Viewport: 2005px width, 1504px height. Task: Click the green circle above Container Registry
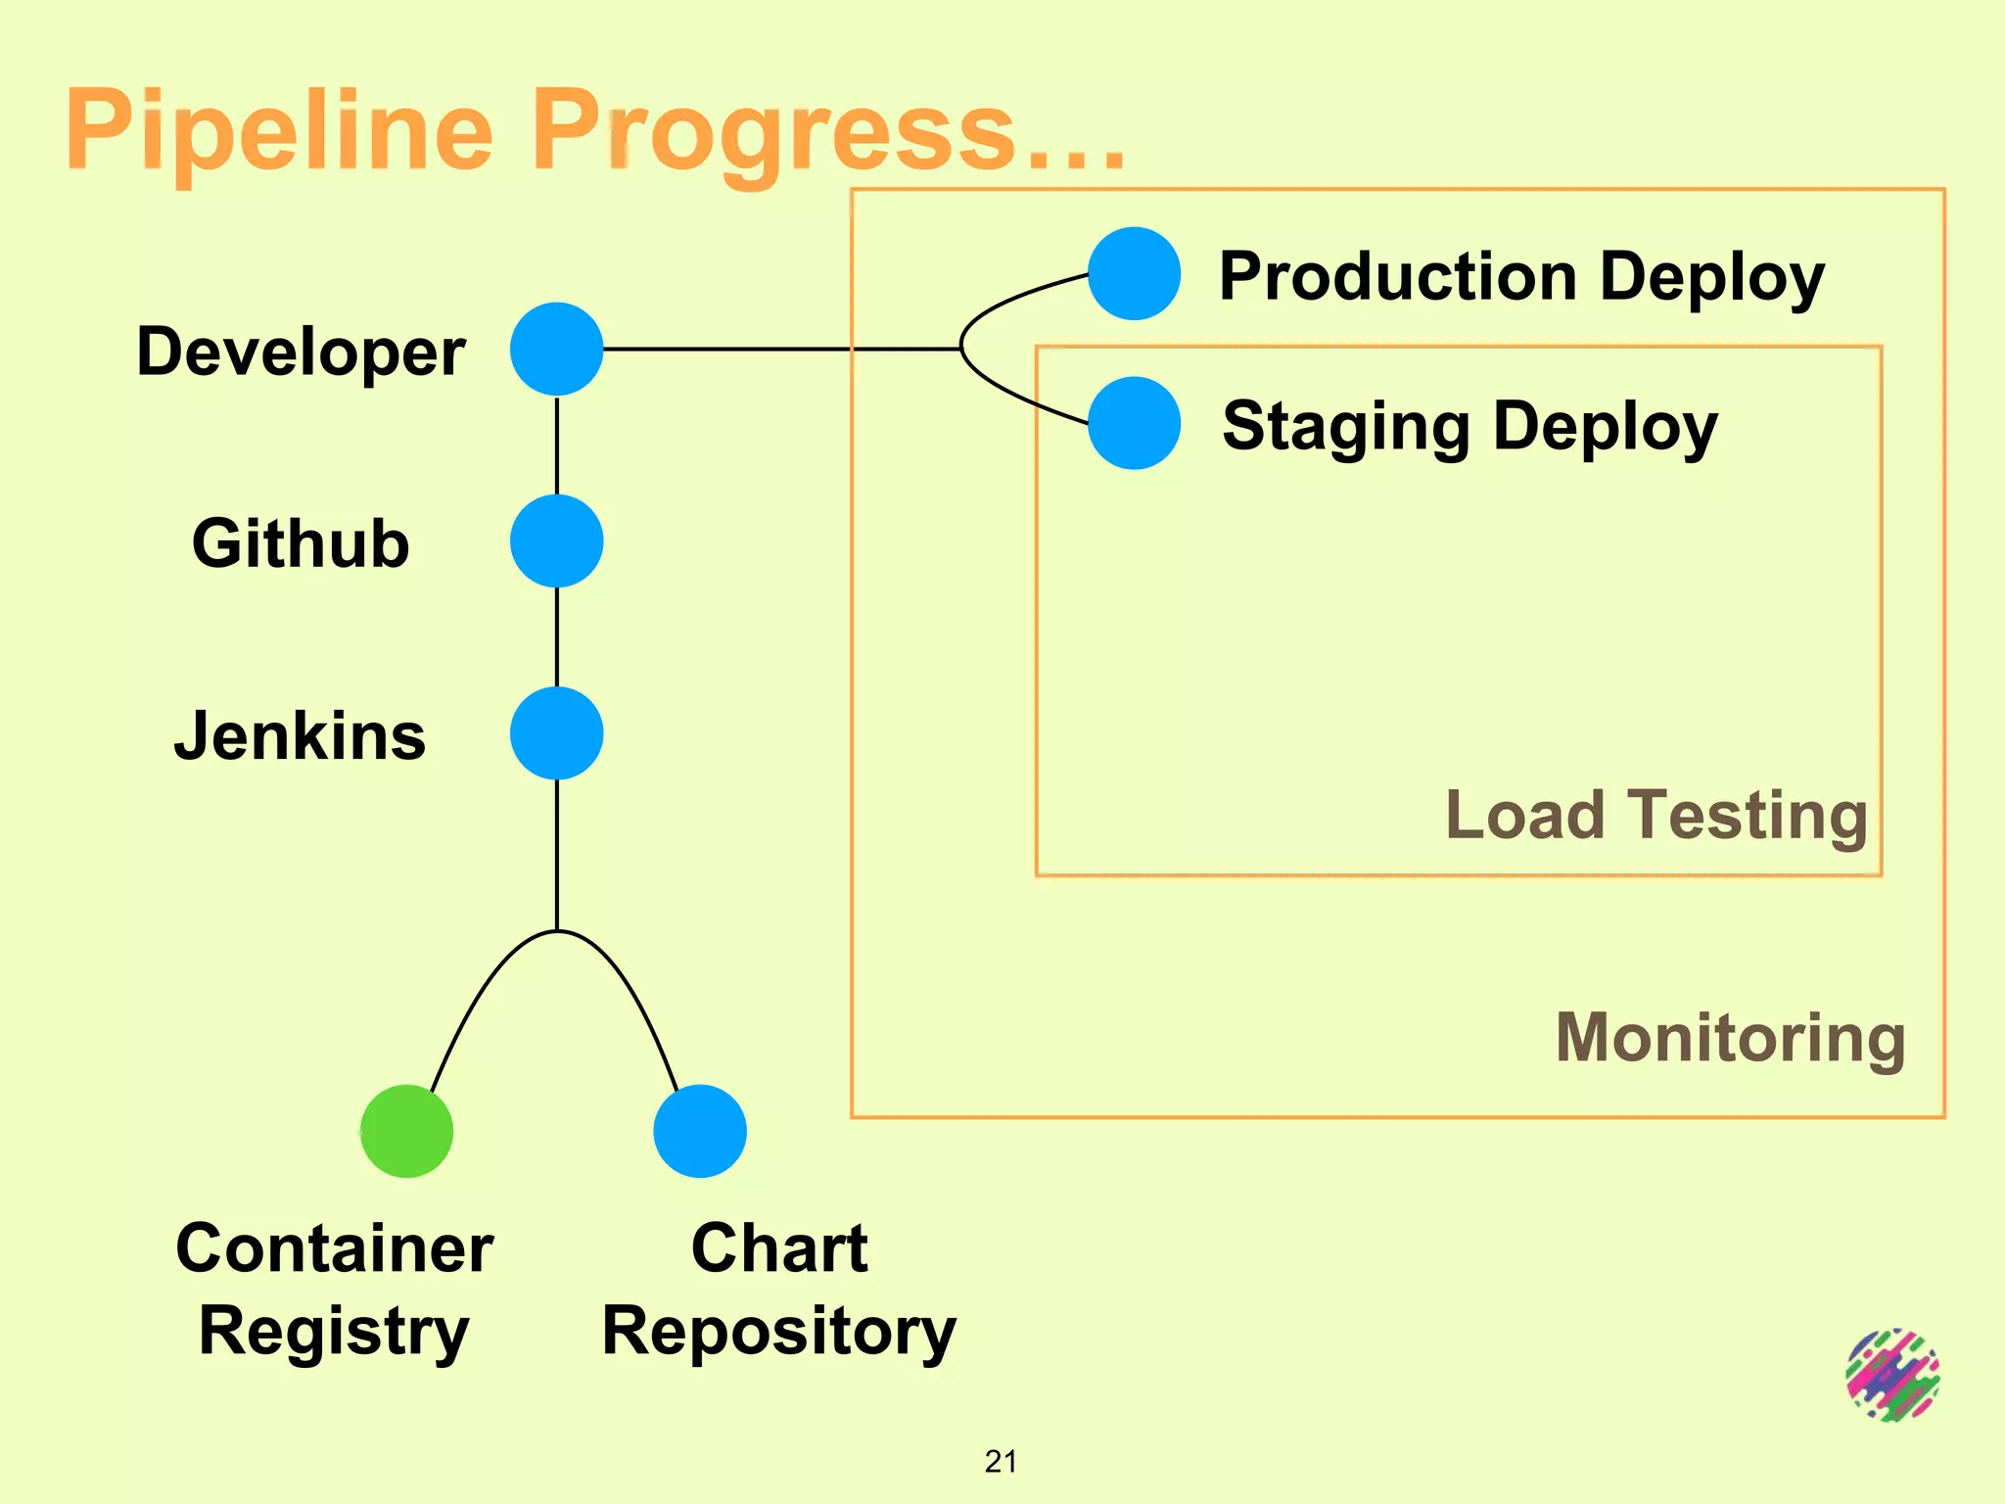(406, 1131)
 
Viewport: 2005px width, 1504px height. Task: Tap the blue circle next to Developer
(556, 349)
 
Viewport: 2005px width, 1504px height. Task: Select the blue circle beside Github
(556, 540)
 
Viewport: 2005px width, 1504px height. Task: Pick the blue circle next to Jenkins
(556, 733)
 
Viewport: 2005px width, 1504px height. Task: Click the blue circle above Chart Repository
(700, 1131)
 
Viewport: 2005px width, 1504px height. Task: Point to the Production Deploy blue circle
(1134, 273)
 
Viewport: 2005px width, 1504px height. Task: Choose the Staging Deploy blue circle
(1134, 423)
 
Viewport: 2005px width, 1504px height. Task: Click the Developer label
(301, 352)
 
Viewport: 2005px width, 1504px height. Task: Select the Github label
(301, 543)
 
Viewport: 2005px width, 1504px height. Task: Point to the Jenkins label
(301, 736)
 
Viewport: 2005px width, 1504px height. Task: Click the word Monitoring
(1730, 1038)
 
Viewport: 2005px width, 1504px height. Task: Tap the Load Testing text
(1656, 815)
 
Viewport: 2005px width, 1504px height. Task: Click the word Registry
(334, 1332)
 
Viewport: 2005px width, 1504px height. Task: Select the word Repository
(778, 1332)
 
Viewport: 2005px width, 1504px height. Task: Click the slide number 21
(1001, 1461)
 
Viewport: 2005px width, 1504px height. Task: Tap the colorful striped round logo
(1892, 1375)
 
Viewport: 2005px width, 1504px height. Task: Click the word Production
(1398, 276)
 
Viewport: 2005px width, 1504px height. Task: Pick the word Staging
(1346, 427)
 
